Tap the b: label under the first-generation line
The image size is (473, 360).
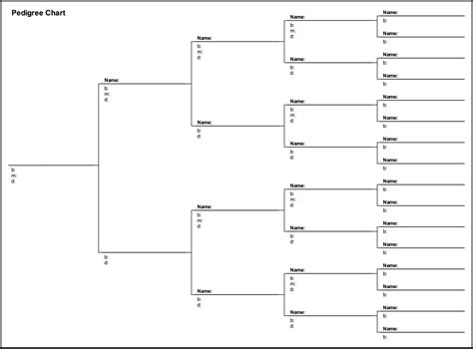[x=13, y=170]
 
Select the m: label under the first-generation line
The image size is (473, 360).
[x=14, y=176]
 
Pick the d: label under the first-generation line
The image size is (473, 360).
[x=13, y=181]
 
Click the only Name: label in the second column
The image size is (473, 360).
[x=112, y=80]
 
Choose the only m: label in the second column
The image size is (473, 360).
[x=107, y=93]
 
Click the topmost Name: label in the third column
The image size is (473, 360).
[x=205, y=38]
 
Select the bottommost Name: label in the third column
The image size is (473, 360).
[x=205, y=291]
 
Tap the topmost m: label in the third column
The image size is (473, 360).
[x=200, y=51]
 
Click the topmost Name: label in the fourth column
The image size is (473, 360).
[x=297, y=17]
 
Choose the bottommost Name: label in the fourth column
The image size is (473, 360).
[x=297, y=312]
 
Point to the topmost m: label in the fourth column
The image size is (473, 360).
[x=293, y=30]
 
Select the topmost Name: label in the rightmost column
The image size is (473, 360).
[x=390, y=13]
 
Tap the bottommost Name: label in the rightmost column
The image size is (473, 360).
[x=390, y=327]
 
